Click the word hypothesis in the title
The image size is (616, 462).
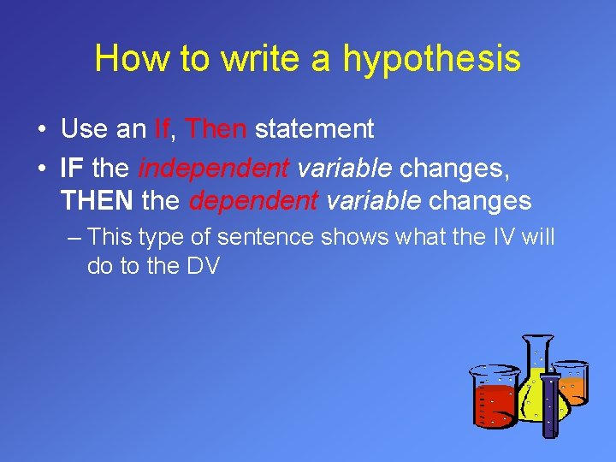(x=432, y=59)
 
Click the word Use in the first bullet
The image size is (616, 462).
(x=84, y=129)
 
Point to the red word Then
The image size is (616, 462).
(x=216, y=129)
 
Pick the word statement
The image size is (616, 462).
(x=314, y=129)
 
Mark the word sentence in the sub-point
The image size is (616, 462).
(x=266, y=237)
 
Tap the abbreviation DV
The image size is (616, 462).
(x=203, y=266)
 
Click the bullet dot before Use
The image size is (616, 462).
(x=41, y=130)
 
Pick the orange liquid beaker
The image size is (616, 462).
(x=572, y=383)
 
